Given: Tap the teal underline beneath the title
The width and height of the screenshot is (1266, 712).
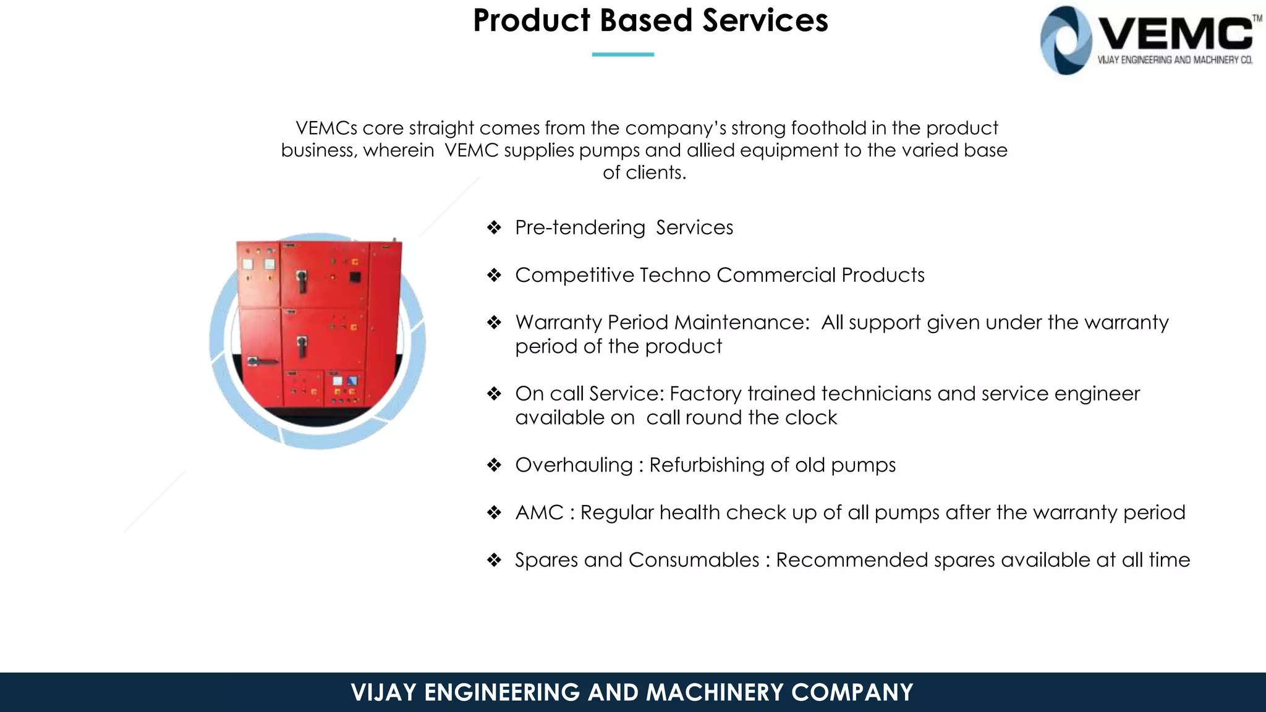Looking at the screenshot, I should [622, 54].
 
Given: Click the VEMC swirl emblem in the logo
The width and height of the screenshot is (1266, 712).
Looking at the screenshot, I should [1065, 41].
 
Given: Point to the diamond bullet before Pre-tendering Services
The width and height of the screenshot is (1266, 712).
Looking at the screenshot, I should [494, 227].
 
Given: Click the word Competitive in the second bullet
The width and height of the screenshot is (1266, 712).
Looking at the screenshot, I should [574, 275].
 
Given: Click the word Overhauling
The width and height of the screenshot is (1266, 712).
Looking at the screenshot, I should [574, 465].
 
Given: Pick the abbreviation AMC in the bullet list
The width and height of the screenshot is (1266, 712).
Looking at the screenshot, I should [539, 513].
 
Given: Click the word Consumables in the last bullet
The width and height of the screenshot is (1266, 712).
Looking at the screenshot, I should [694, 560].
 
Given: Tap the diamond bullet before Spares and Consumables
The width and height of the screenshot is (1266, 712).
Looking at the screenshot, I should [494, 560].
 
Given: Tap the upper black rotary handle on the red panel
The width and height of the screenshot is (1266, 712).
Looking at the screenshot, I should [302, 280].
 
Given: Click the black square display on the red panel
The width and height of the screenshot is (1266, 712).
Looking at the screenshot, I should [355, 277].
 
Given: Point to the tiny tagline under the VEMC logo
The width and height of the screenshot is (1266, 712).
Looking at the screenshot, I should [1175, 60].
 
